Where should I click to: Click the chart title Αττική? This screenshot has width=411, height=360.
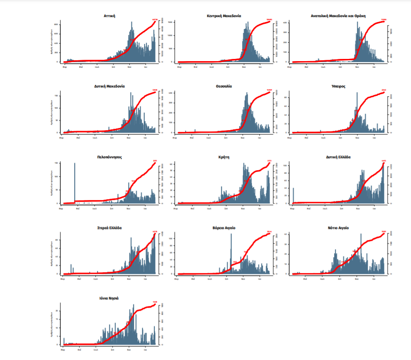pyautogui.click(x=109, y=16)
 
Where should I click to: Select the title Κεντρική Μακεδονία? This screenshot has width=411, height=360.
pyautogui.click(x=224, y=16)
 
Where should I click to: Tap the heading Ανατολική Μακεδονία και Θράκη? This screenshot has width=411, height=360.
pyautogui.click(x=338, y=16)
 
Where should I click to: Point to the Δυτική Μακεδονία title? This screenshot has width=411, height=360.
pyautogui.click(x=109, y=86)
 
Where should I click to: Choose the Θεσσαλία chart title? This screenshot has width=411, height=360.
pyautogui.click(x=224, y=86)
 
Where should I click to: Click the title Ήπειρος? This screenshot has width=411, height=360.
pyautogui.click(x=338, y=86)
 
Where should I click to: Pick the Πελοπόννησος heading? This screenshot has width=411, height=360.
pyautogui.click(x=109, y=156)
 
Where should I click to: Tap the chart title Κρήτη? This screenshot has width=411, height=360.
pyautogui.click(x=224, y=156)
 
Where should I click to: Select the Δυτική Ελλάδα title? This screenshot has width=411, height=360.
pyautogui.click(x=338, y=156)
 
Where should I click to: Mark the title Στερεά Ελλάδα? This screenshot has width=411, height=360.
pyautogui.click(x=109, y=228)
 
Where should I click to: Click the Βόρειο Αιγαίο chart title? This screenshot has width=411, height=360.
pyautogui.click(x=224, y=228)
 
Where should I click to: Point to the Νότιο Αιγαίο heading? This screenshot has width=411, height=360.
pyautogui.click(x=338, y=228)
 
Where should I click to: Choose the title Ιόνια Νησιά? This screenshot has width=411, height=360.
pyautogui.click(x=109, y=298)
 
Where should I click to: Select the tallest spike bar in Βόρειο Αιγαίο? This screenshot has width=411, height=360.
pyautogui.click(x=231, y=253)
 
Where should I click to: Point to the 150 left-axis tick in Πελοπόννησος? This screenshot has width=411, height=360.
pyautogui.click(x=56, y=163)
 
